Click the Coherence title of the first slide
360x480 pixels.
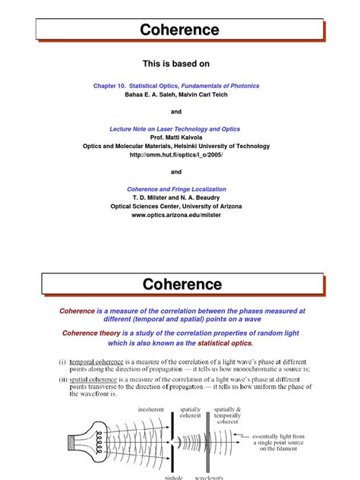tap(179, 30)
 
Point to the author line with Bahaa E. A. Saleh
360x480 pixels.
tap(179, 95)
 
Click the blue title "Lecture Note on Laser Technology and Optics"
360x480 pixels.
tap(179, 130)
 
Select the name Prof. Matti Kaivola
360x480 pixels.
tap(179, 138)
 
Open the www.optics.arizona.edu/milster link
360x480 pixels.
tap(179, 215)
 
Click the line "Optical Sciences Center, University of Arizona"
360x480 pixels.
tap(179, 207)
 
